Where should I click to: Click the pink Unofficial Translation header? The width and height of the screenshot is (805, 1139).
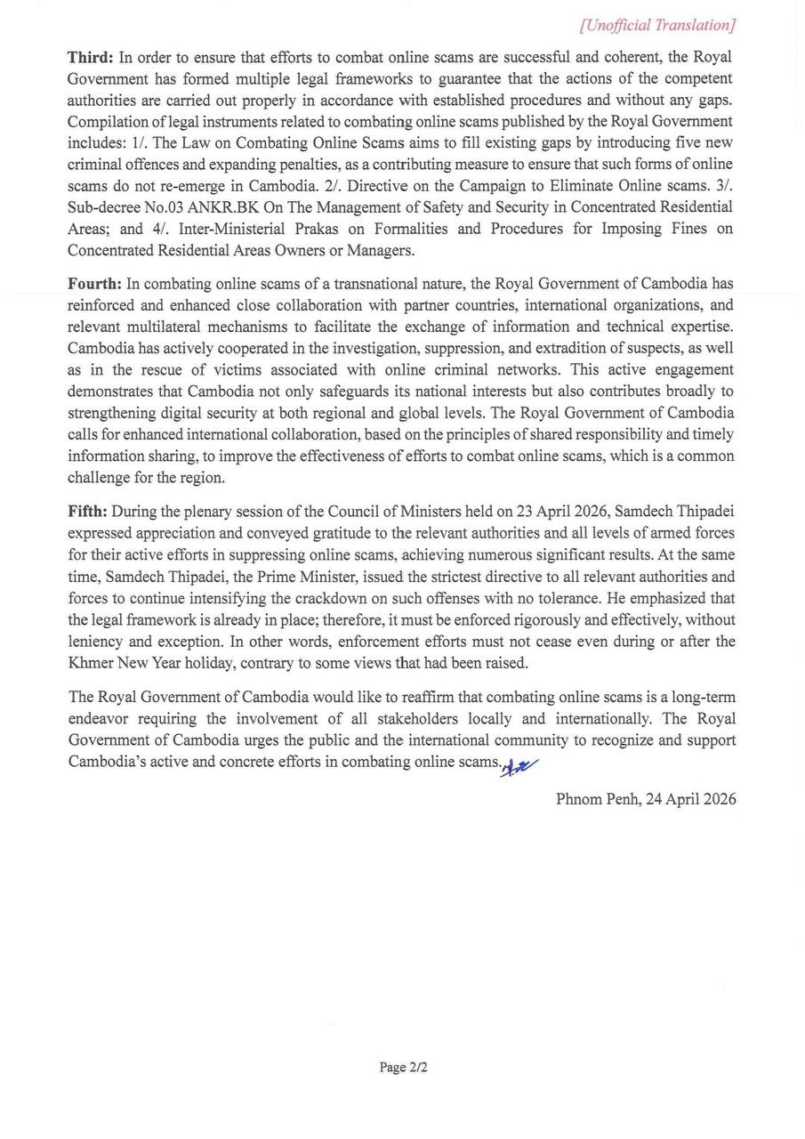coord(657,25)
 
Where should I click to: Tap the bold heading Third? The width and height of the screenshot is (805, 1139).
coord(90,58)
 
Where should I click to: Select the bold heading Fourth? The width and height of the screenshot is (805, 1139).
coord(95,284)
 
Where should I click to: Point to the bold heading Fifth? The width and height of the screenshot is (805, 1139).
coord(87,512)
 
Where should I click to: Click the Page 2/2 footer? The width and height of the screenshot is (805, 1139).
coord(403,1067)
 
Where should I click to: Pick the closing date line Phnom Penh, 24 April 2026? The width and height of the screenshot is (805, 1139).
coord(646,799)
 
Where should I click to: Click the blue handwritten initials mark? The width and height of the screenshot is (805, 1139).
coord(520,767)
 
